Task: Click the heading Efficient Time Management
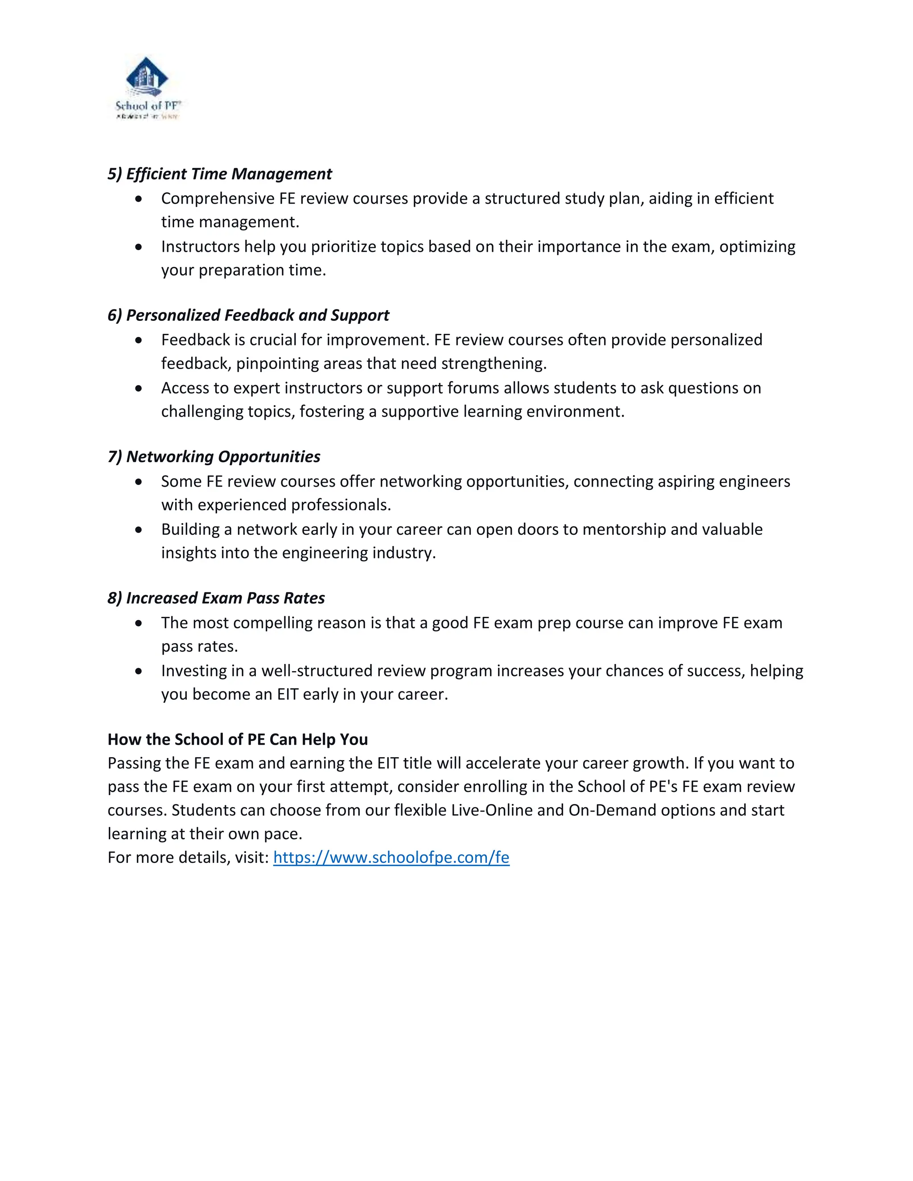[220, 174]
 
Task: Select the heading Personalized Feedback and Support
[248, 315]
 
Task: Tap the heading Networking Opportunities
[214, 457]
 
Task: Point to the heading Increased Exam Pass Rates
[216, 598]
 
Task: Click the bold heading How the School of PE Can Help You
[238, 739]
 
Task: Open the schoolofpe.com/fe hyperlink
[391, 857]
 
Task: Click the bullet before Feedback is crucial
[139, 340]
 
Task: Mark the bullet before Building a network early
[139, 530]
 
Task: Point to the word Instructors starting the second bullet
[200, 246]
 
